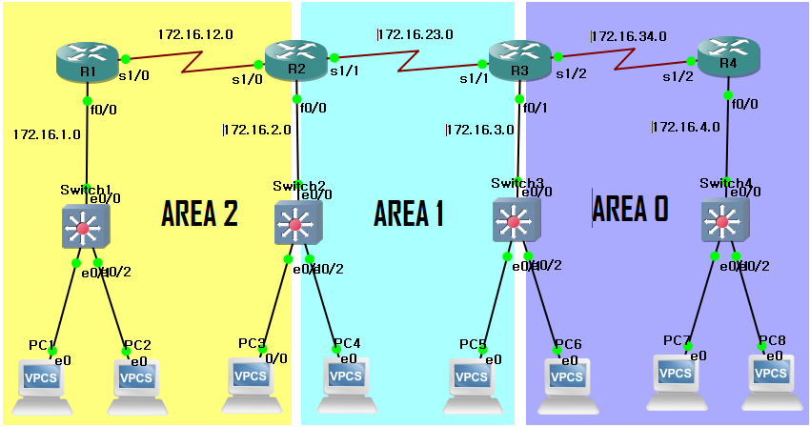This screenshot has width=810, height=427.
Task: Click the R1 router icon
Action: click(87, 62)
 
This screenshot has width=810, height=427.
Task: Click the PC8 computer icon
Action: click(776, 376)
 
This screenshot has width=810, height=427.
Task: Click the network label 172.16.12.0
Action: click(195, 34)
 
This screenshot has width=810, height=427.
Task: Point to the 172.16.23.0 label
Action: click(415, 34)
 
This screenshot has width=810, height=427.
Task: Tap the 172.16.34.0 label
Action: click(628, 36)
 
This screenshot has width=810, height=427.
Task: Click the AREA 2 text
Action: click(200, 213)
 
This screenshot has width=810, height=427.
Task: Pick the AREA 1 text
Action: click(409, 213)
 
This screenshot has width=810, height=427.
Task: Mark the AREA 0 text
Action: click(631, 209)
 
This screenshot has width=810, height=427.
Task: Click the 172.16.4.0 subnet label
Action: click(686, 126)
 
